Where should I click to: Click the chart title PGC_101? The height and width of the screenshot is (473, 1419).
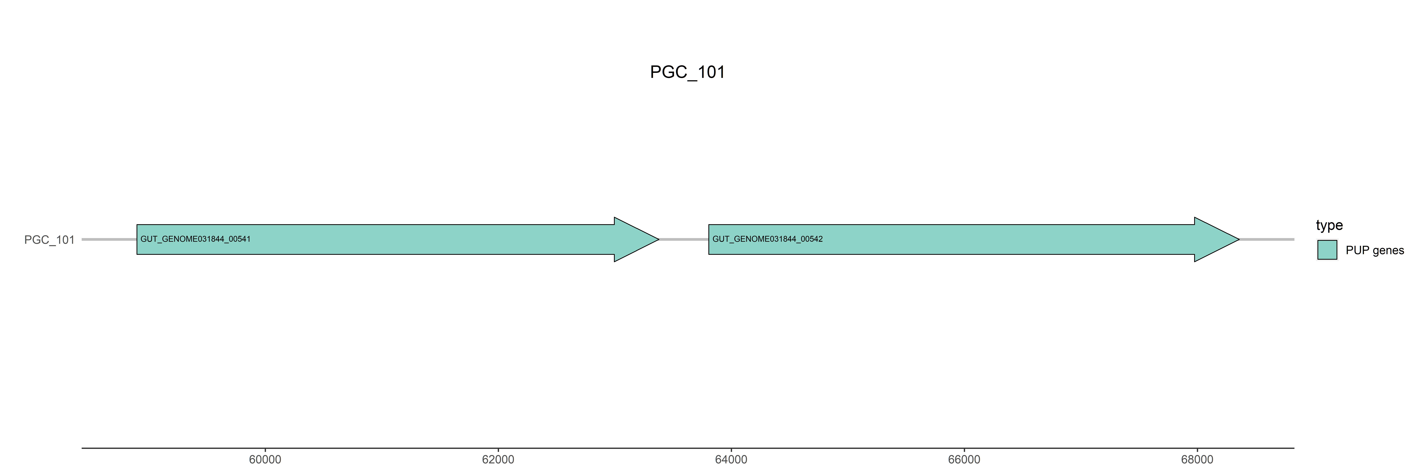coord(687,72)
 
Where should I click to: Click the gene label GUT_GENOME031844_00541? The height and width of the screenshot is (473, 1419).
coord(196,239)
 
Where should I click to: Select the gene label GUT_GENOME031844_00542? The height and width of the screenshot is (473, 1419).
coord(767,239)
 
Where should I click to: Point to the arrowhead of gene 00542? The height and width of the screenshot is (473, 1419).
coord(1217,239)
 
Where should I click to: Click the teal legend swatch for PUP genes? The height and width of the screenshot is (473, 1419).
coord(1327,250)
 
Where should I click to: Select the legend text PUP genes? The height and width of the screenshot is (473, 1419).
coord(1374,251)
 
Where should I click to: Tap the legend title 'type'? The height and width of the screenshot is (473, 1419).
coord(1329,225)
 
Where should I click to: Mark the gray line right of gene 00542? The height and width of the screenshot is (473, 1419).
coord(1267,239)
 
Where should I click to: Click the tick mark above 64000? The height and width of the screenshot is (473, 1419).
coord(731,450)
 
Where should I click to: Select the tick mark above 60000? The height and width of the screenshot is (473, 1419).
coord(265,450)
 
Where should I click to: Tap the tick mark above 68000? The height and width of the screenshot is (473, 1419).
coord(1197,450)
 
